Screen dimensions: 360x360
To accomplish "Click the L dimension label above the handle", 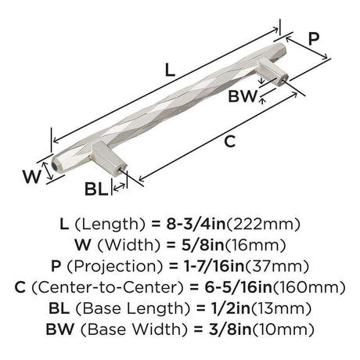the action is tap(170, 70).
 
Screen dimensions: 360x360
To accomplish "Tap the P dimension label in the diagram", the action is tap(313, 39).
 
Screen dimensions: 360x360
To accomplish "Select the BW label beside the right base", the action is tap(243, 96).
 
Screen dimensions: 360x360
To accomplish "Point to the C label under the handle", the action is tap(230, 142).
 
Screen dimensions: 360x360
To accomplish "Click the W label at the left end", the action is tap(32, 176).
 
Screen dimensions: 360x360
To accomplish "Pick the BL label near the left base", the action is tap(96, 189).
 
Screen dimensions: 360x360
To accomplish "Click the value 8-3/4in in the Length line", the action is tap(196, 224).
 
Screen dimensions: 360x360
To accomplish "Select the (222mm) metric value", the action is tap(263, 225).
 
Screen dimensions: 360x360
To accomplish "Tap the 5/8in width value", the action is tap(203, 245).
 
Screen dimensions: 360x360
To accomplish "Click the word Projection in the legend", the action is tap(115, 267).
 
